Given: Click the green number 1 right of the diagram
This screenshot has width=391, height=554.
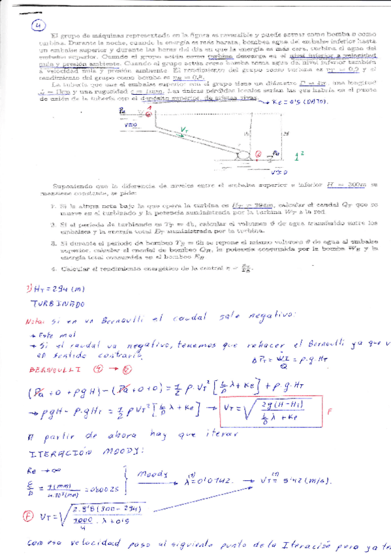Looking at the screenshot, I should [x=297, y=157].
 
